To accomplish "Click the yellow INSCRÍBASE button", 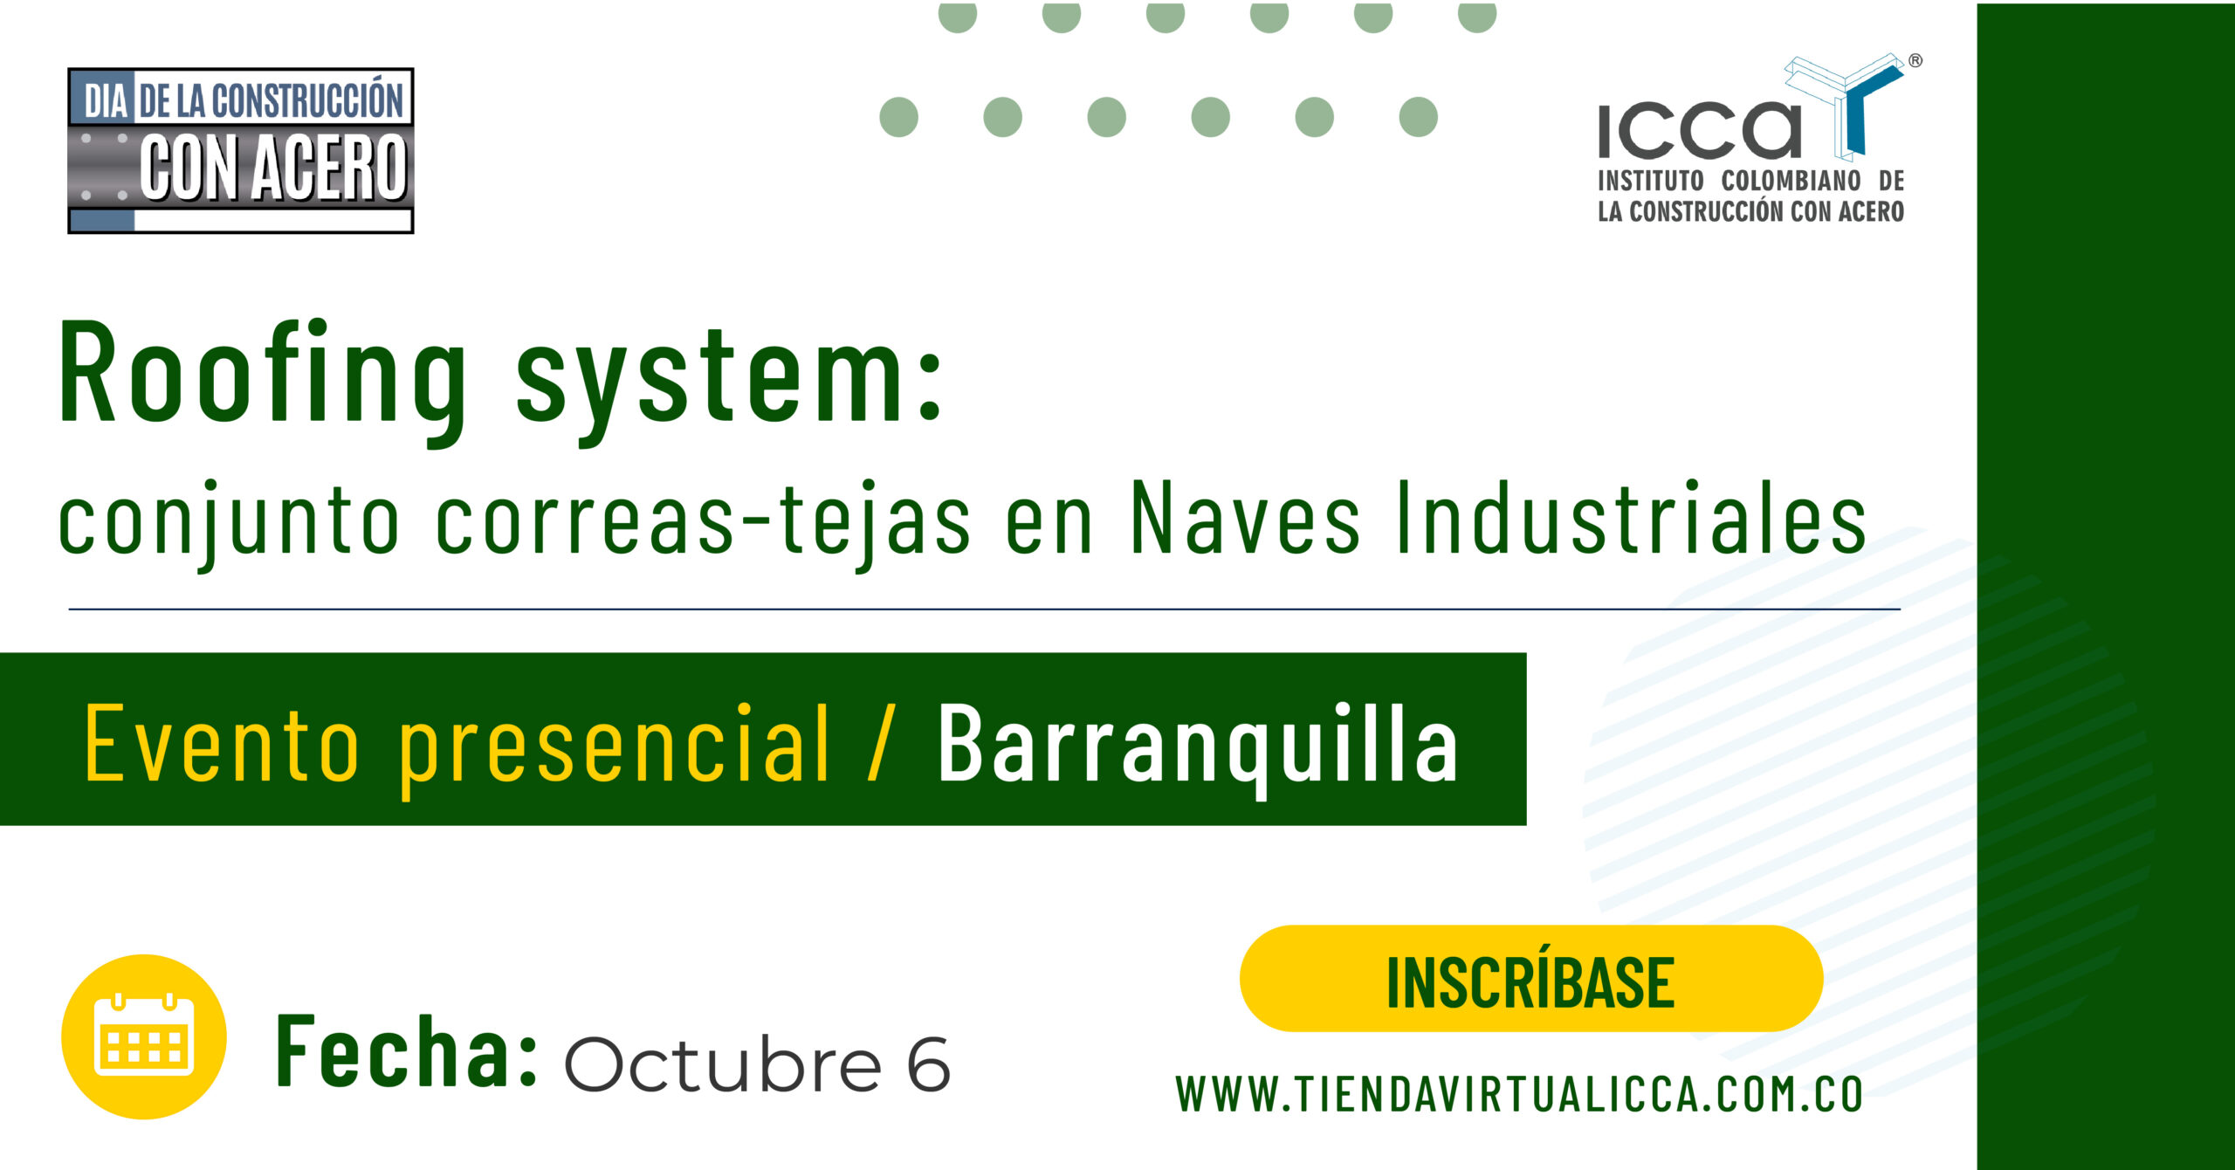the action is (x=1531, y=979).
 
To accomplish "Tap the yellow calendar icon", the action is (x=144, y=1036).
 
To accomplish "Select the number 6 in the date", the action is (x=928, y=1064).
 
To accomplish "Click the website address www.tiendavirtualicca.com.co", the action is (x=1519, y=1095).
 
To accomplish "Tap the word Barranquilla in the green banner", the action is (x=1198, y=744).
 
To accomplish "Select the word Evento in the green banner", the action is (x=222, y=742).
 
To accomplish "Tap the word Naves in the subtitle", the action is (x=1245, y=518).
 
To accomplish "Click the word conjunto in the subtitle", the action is (x=229, y=523).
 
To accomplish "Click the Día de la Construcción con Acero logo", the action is (x=241, y=150).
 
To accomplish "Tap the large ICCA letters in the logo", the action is (x=1699, y=131).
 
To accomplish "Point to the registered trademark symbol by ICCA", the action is (x=1915, y=60).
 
